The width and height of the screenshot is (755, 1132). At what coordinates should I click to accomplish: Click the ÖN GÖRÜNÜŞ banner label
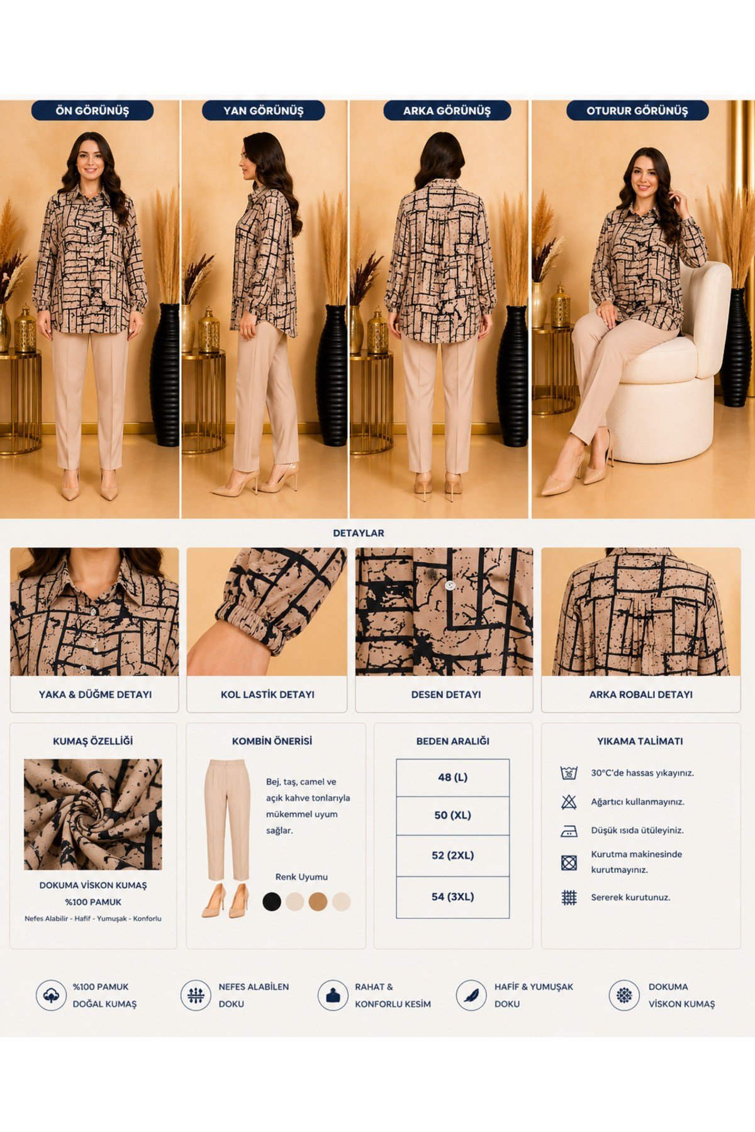point(92,111)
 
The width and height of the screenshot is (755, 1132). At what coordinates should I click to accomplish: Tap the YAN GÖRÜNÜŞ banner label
point(263,111)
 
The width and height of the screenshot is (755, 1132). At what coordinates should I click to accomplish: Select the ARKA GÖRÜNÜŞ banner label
point(447,111)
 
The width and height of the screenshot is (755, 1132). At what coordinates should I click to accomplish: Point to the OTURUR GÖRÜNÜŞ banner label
point(637,111)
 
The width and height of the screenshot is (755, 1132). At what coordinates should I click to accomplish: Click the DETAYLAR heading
point(359,533)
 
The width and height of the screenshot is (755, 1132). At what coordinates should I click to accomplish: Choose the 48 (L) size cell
point(453,777)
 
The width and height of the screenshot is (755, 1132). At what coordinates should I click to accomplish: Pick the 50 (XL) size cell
point(453,816)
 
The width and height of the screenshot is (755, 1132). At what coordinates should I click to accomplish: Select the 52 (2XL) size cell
point(453,856)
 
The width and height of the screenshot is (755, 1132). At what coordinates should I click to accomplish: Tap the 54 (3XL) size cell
point(453,897)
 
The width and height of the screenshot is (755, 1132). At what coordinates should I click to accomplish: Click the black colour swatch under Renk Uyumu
point(272,901)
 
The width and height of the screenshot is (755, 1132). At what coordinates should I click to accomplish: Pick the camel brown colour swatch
point(318,901)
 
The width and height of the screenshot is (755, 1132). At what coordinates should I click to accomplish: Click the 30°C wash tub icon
point(569,773)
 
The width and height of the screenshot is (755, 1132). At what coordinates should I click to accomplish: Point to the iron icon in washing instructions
point(569,831)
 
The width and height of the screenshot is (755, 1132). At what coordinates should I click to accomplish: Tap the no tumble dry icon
point(569,862)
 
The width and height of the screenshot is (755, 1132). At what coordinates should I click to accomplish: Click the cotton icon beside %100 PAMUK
point(51,996)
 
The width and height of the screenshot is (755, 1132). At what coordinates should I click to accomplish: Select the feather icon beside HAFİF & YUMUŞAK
point(471,996)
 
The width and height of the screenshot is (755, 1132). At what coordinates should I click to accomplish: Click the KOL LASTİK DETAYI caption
point(267,695)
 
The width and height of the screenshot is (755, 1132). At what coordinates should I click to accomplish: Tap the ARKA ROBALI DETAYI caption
point(640,695)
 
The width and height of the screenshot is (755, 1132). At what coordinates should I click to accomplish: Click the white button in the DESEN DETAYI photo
point(449,585)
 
